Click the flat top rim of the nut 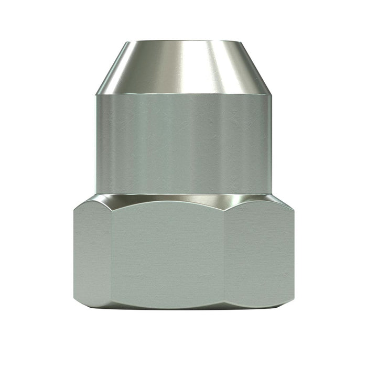tap(183, 41)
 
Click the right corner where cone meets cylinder tap(272, 94)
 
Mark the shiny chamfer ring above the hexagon tap(183, 198)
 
